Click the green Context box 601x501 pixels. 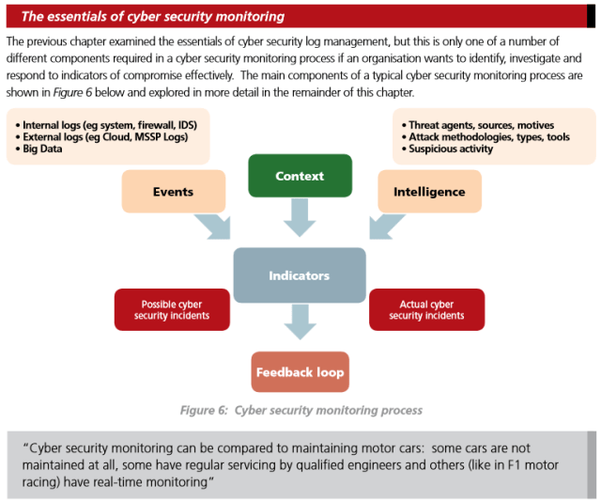tap(300, 176)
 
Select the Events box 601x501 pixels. tap(173, 192)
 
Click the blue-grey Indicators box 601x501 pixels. tap(300, 275)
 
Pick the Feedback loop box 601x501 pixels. tap(300, 372)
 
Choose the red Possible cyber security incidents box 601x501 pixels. tap(172, 310)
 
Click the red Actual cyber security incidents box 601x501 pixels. tap(427, 310)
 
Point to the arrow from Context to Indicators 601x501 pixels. tap(300, 219)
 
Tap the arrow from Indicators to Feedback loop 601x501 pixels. tap(300, 324)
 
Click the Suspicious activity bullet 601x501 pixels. tap(452, 149)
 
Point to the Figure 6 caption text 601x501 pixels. tap(300, 410)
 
